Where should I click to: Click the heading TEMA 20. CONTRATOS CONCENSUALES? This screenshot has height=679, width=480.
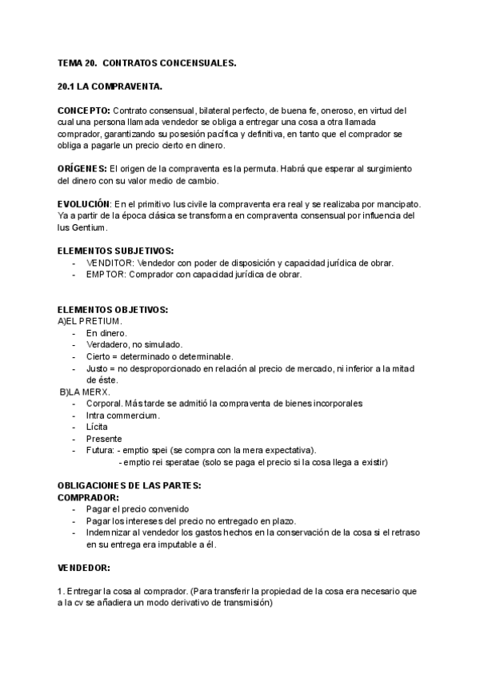click(x=146, y=62)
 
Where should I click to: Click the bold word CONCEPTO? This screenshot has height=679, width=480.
click(x=84, y=110)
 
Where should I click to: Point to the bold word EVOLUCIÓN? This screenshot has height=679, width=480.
click(x=84, y=205)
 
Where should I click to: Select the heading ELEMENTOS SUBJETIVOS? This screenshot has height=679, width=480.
click(x=117, y=251)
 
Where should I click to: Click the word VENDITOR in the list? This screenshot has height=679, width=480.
click(x=110, y=263)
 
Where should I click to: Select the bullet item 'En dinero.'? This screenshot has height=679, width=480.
click(x=107, y=332)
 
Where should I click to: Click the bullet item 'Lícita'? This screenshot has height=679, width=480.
click(x=98, y=427)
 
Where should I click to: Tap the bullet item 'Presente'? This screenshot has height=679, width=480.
click(x=104, y=439)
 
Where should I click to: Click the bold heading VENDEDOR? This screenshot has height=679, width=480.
click(x=85, y=568)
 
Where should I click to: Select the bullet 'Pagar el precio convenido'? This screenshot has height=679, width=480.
click(x=138, y=509)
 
